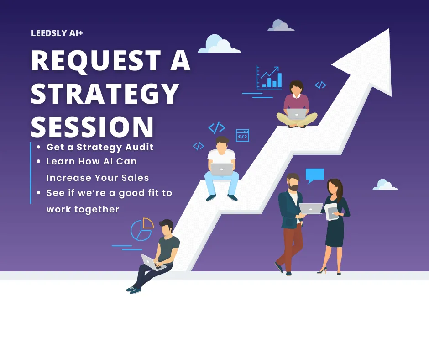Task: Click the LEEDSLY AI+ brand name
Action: pos(57,33)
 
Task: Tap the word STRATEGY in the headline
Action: pos(105,93)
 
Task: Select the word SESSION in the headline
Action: pos(92,127)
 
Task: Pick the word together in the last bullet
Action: pos(97,210)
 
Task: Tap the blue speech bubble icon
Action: pos(314,175)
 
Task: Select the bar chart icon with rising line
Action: pos(269,78)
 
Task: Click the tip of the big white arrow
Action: pos(389,29)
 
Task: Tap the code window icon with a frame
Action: pos(242,135)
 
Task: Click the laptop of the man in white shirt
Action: pos(222,169)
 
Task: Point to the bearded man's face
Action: pos(293,184)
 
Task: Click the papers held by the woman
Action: pos(331,211)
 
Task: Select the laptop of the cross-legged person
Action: pos(297,114)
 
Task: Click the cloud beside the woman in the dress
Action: pos(385,185)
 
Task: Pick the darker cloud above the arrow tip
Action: pos(281,25)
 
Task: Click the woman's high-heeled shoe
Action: pos(322,270)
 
